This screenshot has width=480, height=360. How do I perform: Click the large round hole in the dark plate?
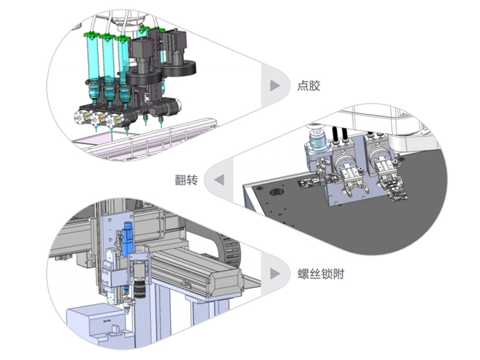click(276, 192)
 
